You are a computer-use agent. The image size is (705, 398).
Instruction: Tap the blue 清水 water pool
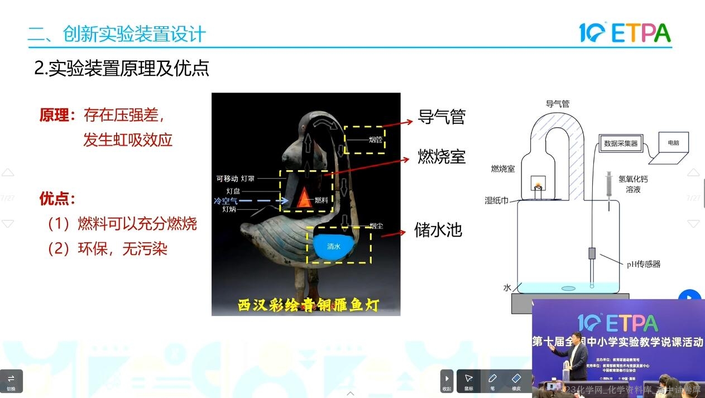(x=334, y=246)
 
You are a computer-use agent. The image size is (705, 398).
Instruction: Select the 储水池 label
(x=438, y=229)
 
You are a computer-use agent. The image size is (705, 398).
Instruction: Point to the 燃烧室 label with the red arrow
(x=442, y=157)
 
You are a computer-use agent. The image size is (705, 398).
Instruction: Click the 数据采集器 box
(x=621, y=143)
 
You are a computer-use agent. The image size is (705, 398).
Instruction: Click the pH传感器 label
(x=644, y=264)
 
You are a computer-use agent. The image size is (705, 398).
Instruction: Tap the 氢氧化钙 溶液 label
(x=634, y=184)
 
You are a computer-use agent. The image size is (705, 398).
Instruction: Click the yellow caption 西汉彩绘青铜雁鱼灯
(x=309, y=305)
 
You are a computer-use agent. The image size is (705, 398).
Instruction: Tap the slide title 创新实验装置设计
(x=134, y=34)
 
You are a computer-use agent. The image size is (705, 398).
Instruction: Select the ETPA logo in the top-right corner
(x=625, y=33)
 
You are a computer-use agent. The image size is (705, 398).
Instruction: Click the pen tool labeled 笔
(x=492, y=381)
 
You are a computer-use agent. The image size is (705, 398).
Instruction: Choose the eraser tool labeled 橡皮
(x=516, y=381)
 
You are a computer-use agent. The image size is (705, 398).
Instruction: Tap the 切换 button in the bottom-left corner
(x=11, y=381)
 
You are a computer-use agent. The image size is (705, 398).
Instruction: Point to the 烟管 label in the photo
(x=375, y=140)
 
